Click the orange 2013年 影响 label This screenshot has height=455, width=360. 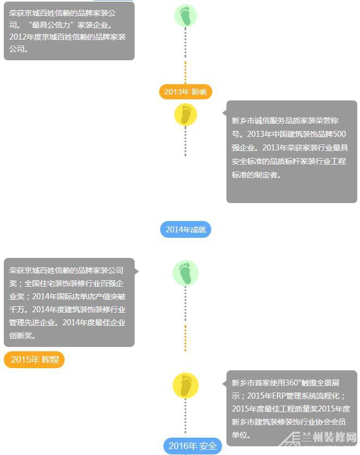(185, 92)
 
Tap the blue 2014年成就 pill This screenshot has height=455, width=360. (186, 230)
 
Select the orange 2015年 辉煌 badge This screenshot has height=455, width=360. (34, 359)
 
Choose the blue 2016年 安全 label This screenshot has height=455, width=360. (193, 446)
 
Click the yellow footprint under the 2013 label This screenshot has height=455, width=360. (186, 115)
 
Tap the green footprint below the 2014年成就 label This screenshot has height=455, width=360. (186, 273)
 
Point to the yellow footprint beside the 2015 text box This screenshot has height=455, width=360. (186, 386)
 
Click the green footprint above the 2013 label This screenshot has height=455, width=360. (186, 16)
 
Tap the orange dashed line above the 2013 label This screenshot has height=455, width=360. (185, 73)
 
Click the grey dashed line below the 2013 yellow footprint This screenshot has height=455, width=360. (185, 141)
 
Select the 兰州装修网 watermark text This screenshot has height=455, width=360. (329, 437)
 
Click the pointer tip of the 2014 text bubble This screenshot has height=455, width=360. (138, 271)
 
